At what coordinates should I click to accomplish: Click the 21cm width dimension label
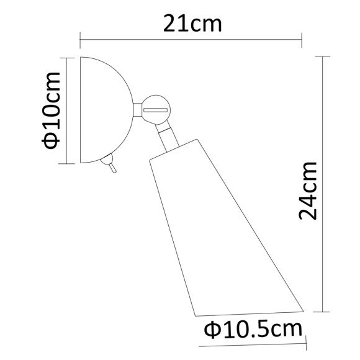[x=192, y=23]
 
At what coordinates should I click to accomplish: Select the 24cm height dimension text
[x=308, y=190]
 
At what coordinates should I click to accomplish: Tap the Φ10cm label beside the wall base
[x=52, y=110]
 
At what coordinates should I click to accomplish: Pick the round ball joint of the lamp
[x=156, y=109]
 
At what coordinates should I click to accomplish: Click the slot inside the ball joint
[x=156, y=109]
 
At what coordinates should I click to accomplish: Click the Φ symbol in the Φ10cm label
[x=52, y=140]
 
